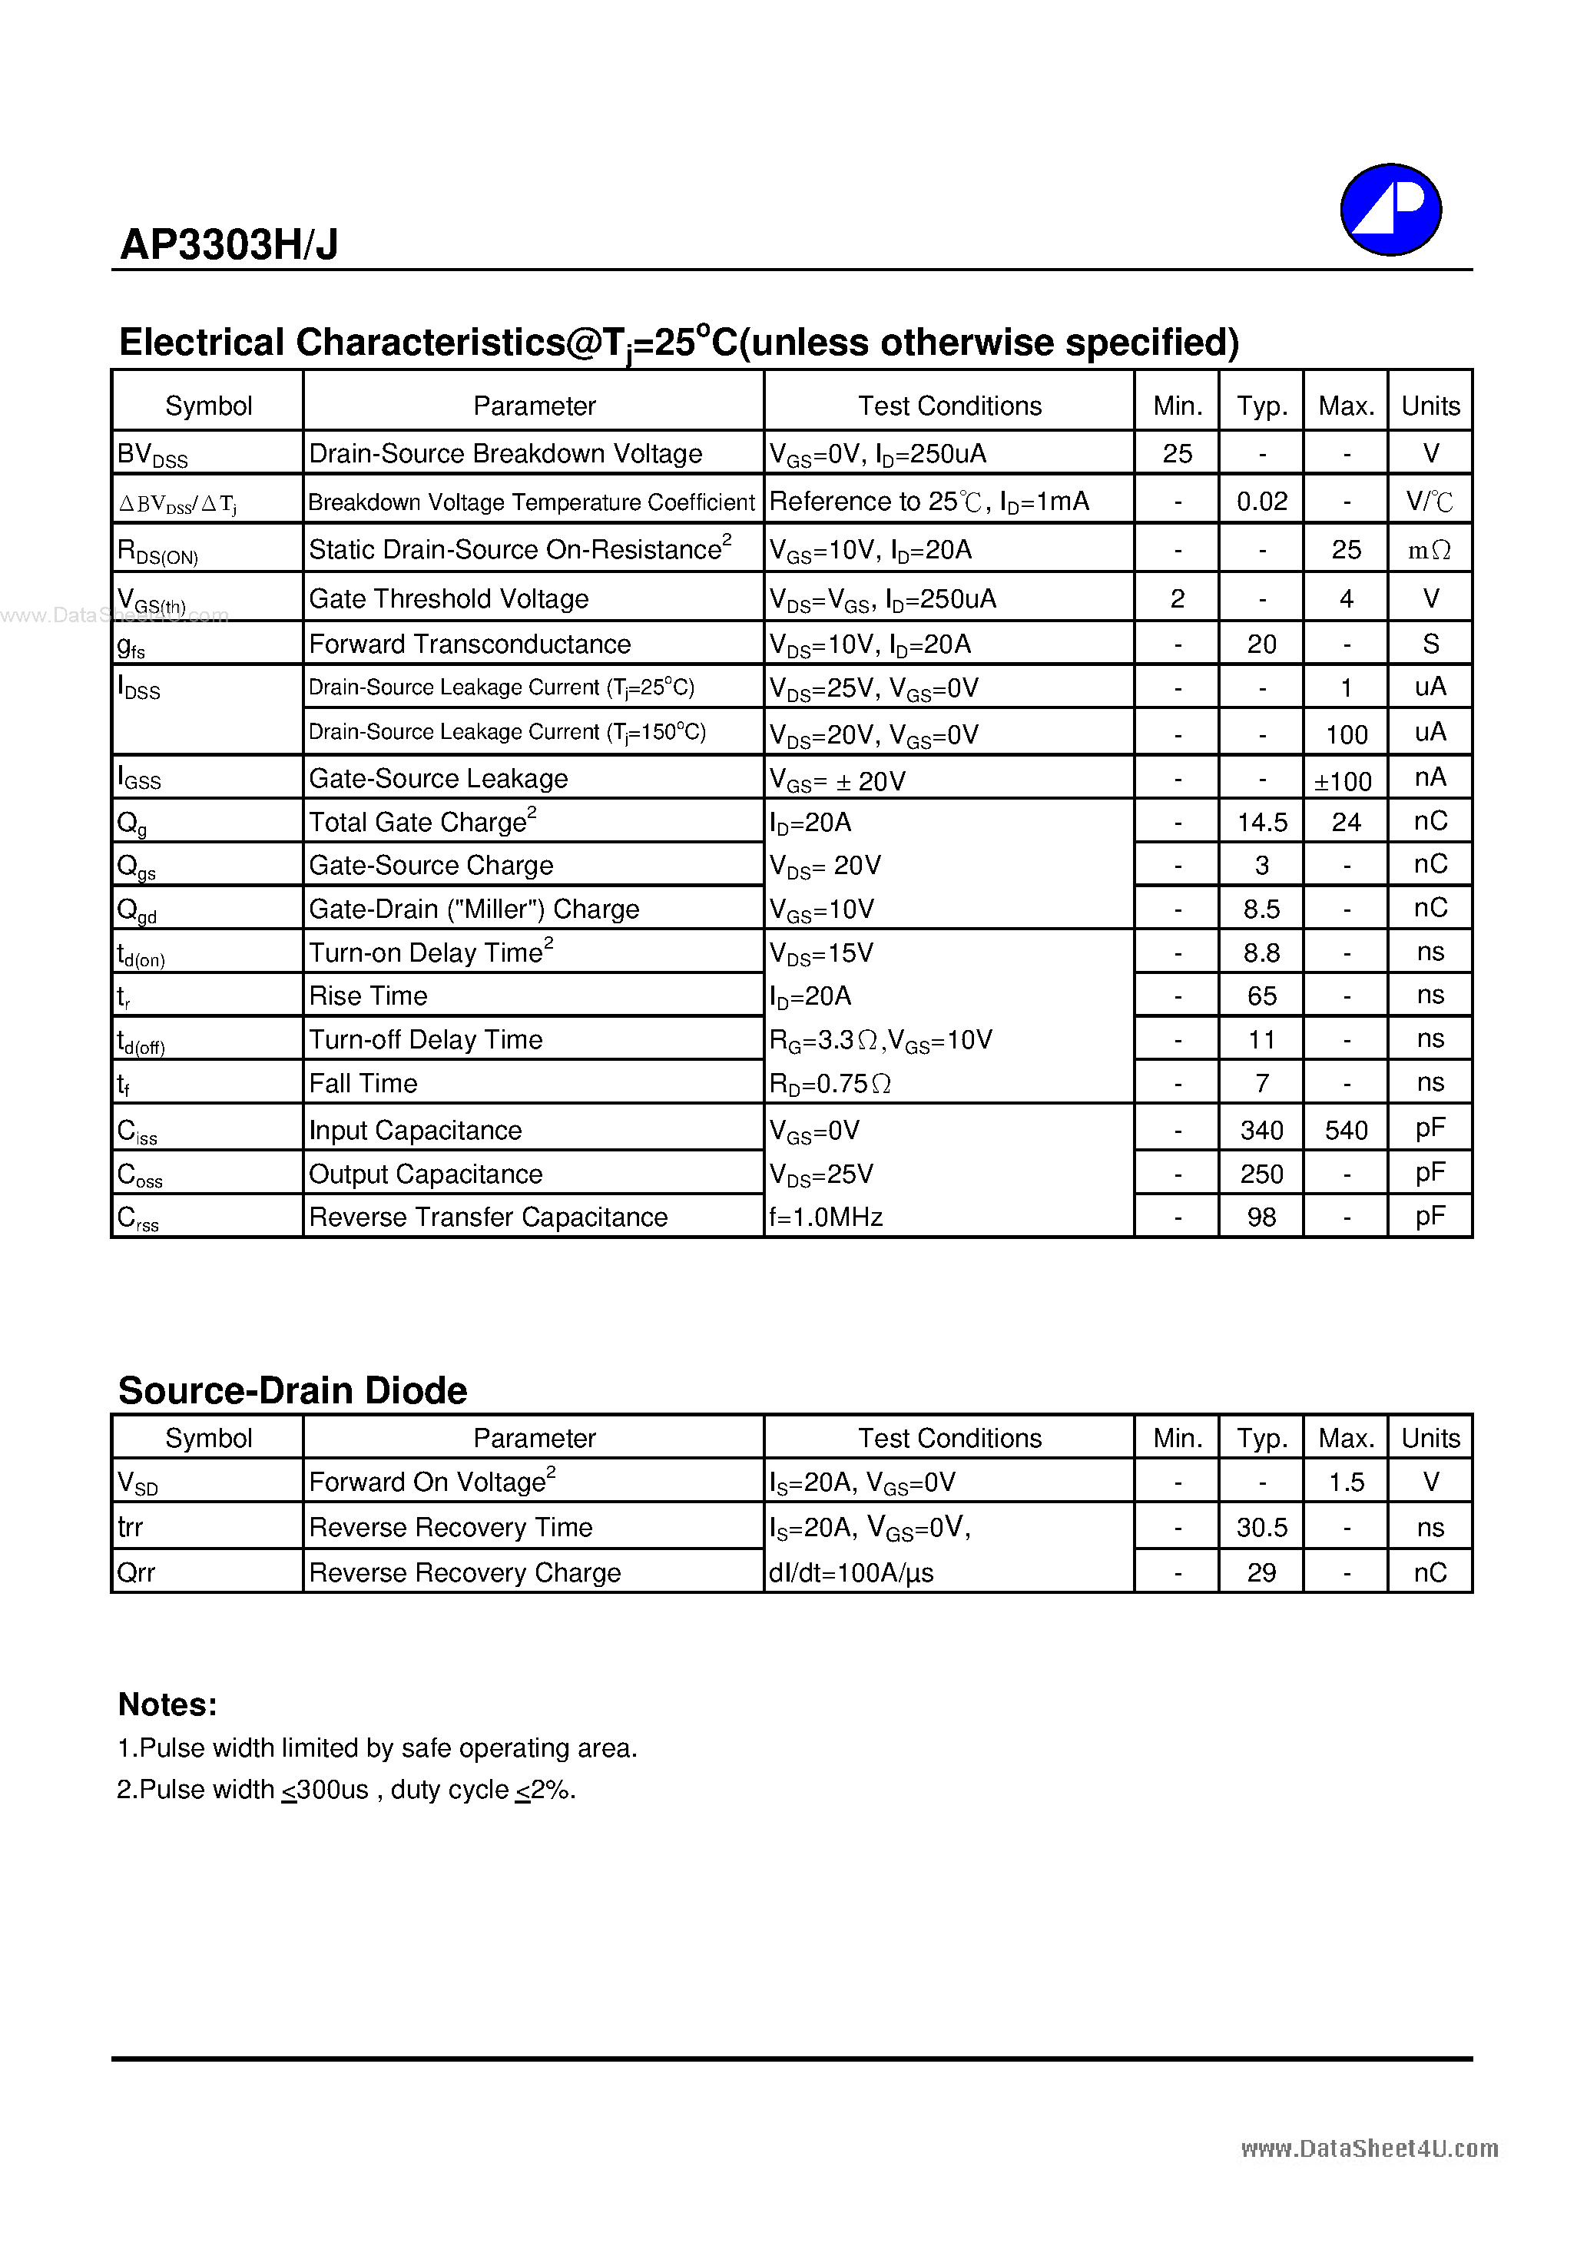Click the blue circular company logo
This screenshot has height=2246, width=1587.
1390,210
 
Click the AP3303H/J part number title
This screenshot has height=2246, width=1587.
229,244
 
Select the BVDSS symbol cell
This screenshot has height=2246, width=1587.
153,454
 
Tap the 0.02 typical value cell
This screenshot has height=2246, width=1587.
1261,502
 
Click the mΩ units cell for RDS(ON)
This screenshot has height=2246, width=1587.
1429,550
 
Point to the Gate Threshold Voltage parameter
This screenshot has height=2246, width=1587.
449,598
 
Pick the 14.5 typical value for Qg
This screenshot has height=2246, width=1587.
1261,823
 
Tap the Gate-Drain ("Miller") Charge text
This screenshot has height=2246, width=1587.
473,909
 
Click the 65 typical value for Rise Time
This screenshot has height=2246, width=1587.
1261,995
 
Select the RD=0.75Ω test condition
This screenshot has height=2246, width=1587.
830,1084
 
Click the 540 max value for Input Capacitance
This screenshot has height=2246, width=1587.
1345,1131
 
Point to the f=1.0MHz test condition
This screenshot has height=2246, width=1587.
826,1217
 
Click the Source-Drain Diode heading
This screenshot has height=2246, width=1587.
293,1390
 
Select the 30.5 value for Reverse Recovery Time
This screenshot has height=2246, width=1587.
1261,1527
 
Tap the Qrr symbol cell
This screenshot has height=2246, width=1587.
136,1572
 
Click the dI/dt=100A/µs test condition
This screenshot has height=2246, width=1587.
851,1572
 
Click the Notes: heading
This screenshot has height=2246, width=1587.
167,1704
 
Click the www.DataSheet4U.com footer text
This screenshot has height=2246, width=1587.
1369,2148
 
